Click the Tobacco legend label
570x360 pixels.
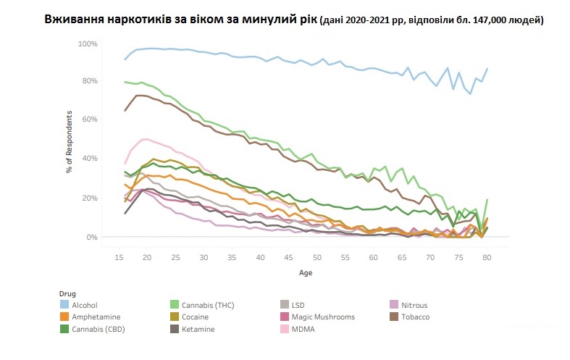415,317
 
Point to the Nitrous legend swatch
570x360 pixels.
394,305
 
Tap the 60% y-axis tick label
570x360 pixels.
89,120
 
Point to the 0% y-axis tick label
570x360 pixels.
91,237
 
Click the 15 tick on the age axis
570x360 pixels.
119,257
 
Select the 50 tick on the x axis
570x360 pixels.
317,257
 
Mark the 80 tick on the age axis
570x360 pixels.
487,257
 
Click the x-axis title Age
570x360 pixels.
306,273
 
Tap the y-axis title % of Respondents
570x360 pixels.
69,141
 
